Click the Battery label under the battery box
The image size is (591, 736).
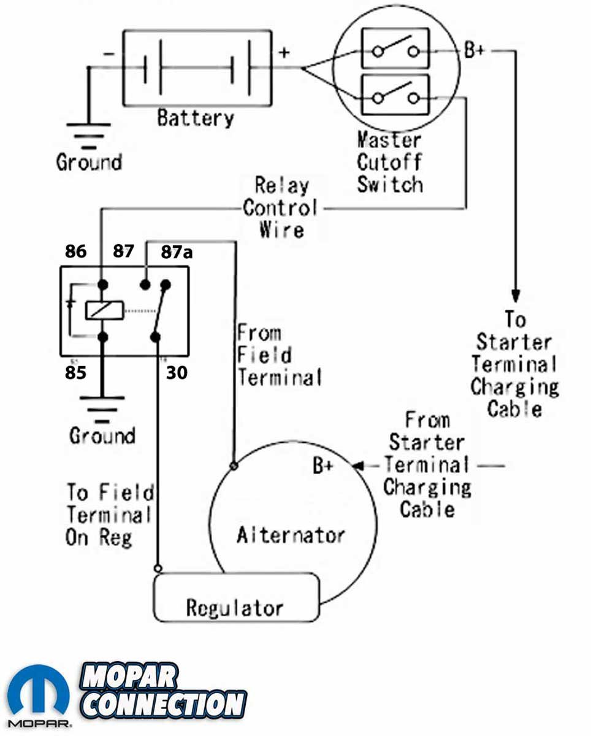click(x=196, y=118)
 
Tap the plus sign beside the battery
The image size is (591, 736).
click(x=284, y=52)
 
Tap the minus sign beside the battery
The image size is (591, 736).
click(x=109, y=54)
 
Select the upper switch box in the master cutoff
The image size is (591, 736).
click(x=395, y=48)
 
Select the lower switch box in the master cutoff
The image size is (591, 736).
click(x=395, y=94)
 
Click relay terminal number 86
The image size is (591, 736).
click(x=75, y=251)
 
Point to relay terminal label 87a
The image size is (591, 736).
click(x=177, y=252)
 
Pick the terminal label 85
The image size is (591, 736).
click(x=75, y=372)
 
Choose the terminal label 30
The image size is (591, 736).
click(x=177, y=372)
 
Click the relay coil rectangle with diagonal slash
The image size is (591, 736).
click(x=104, y=310)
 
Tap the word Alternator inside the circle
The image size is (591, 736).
click(x=291, y=535)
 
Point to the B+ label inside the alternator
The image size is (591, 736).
click(x=322, y=466)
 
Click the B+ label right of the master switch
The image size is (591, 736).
click(x=475, y=50)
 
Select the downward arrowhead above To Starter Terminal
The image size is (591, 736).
click(x=516, y=296)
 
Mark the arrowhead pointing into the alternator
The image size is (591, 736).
click(x=358, y=466)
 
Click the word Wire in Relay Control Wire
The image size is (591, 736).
click(x=281, y=230)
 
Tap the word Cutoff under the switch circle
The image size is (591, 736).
click(x=390, y=162)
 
